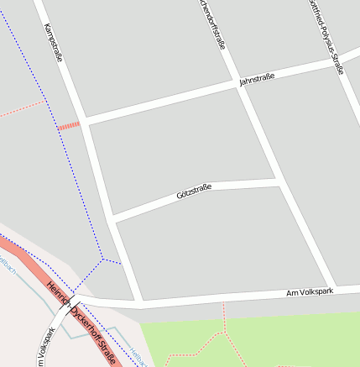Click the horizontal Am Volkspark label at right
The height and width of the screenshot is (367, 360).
(310, 291)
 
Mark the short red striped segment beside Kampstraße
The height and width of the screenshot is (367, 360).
(69, 126)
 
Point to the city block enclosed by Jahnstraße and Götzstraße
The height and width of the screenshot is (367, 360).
(180, 143)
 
